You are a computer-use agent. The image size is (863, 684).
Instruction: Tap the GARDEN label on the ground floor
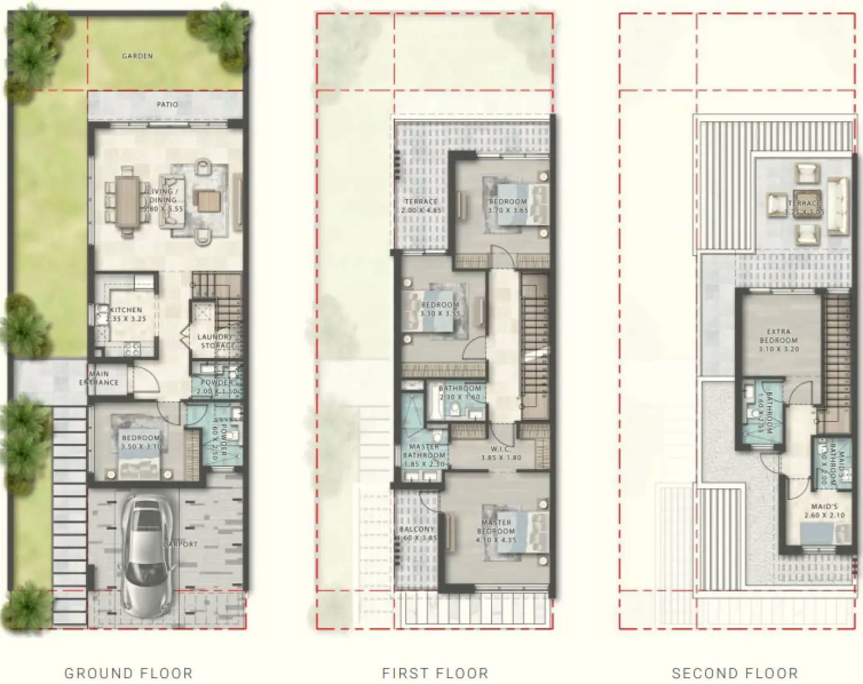[138, 56]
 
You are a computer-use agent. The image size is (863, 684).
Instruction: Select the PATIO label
[167, 104]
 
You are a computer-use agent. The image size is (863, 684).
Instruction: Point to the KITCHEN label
[126, 310]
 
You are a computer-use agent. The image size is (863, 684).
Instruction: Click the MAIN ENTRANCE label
[99, 379]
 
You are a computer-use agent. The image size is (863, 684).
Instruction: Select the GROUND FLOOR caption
[128, 673]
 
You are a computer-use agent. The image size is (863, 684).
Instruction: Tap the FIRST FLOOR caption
[435, 673]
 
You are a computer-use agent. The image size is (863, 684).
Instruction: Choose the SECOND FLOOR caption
[734, 673]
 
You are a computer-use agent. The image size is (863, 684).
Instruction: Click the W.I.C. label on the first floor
[501, 449]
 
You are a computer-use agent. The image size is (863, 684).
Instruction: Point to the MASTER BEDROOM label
[496, 527]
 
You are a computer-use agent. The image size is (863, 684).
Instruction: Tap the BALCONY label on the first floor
[417, 529]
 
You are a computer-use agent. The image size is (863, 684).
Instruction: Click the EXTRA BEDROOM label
[778, 336]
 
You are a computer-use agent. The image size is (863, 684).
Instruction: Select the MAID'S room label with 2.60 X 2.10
[824, 507]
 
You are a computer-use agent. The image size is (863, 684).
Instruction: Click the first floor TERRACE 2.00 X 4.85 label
[421, 201]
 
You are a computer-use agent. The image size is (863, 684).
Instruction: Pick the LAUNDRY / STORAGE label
[216, 341]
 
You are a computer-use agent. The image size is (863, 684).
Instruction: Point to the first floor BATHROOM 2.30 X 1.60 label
[460, 389]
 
